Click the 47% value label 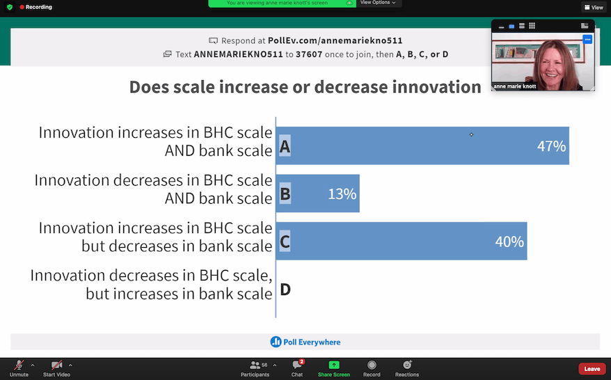[551, 146]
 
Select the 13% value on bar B [342, 193]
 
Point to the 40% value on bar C [509, 242]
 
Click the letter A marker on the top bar [285, 146]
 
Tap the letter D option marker [285, 290]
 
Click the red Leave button [592, 369]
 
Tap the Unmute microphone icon [19, 365]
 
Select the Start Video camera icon [56, 365]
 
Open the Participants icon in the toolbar [255, 365]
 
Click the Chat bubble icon [297, 365]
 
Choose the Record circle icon [372, 365]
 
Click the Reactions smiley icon [407, 365]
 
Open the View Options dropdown [378, 3]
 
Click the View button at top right [594, 7]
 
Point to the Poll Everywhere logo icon [276, 342]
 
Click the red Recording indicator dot [22, 7]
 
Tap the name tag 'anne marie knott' [514, 86]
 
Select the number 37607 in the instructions [309, 54]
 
